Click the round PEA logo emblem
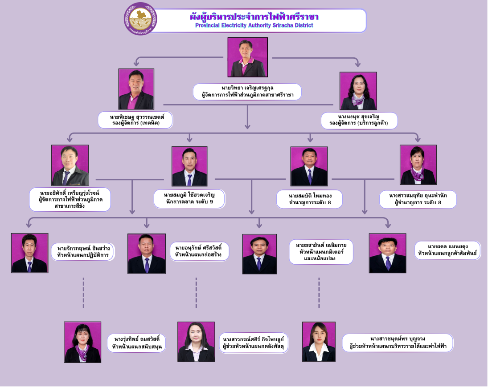click(140, 19)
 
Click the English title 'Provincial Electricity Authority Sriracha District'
click(254, 25)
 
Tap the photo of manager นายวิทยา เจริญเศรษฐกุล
click(248, 57)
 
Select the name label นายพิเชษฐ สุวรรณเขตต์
click(137, 117)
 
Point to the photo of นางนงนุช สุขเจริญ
click(358, 91)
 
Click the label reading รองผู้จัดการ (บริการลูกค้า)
click(359, 123)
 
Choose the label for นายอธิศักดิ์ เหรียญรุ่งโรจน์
click(70, 199)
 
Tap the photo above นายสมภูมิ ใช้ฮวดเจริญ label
click(189, 166)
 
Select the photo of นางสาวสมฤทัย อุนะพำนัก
click(418, 165)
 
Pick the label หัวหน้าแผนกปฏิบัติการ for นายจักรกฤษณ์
click(83, 255)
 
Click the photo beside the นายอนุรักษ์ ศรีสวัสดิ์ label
click(147, 254)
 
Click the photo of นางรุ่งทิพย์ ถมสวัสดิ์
click(82, 342)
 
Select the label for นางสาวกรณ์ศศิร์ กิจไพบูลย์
click(253, 343)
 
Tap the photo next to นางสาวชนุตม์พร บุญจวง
click(319, 342)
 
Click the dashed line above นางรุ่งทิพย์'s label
click(83, 293)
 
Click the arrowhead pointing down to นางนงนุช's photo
click(358, 64)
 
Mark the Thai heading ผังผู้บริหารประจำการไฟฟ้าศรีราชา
click(254, 16)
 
